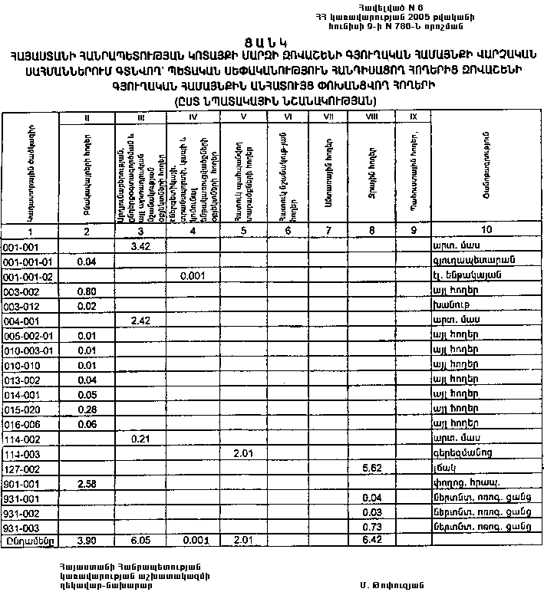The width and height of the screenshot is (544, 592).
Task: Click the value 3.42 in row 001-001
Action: [140, 246]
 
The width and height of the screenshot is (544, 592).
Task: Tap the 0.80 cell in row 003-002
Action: [86, 291]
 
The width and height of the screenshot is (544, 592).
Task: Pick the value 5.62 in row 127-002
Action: [371, 467]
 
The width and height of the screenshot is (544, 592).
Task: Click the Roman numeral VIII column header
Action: [371, 117]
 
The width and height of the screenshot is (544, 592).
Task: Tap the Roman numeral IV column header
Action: [193, 117]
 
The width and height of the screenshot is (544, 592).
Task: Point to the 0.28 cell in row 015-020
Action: [86, 409]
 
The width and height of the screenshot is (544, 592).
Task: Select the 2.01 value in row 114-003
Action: [242, 452]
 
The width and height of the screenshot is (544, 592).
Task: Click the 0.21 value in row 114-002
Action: [140, 438]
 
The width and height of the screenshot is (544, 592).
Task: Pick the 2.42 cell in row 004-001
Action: [140, 320]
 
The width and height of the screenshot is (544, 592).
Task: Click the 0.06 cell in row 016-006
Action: [86, 423]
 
